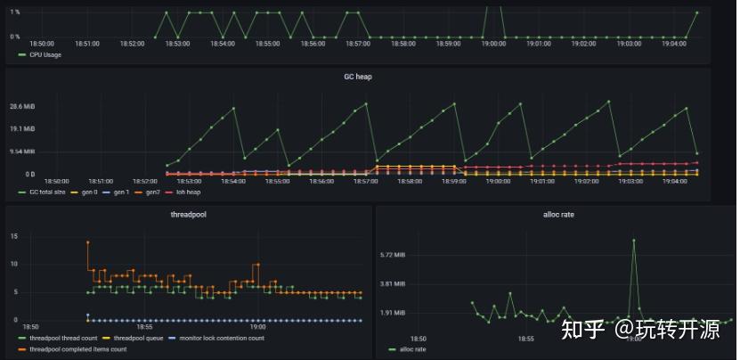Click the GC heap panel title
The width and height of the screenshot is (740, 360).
[357, 77]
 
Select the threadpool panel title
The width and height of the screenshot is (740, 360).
[188, 215]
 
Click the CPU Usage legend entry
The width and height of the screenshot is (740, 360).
[45, 54]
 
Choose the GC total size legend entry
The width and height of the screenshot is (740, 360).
[46, 192]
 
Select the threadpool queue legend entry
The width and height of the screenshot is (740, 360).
[136, 338]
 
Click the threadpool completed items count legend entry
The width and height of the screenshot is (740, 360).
[78, 348]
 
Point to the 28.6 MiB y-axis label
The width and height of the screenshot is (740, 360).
[22, 106]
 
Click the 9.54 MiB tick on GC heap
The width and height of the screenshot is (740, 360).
[22, 151]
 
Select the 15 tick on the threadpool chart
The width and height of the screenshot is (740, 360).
[14, 236]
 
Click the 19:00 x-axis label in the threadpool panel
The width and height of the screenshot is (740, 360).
[257, 326]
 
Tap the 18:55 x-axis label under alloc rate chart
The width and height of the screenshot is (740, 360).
[526, 339]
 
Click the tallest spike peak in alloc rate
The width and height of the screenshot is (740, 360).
[634, 239]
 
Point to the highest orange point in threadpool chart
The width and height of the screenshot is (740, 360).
[87, 241]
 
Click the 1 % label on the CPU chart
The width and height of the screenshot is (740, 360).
[15, 12]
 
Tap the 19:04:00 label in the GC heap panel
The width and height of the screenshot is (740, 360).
[674, 181]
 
